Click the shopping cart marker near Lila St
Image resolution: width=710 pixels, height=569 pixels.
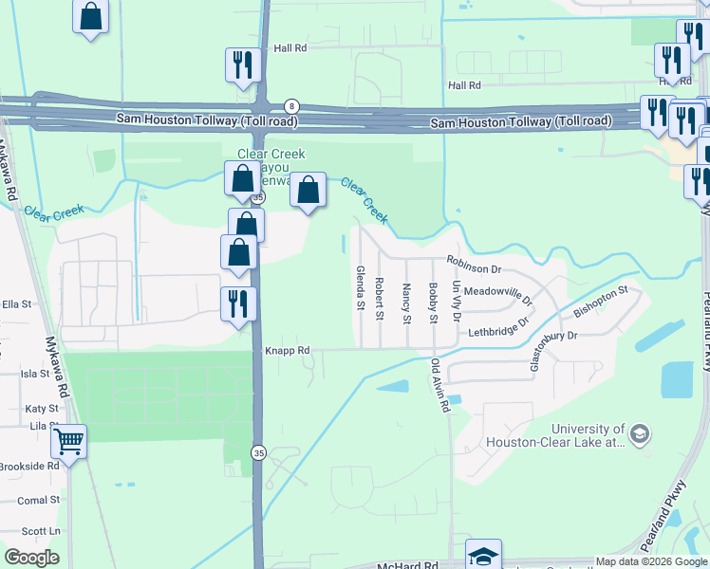coord(68,440)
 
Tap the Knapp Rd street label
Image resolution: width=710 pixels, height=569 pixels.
coord(288,350)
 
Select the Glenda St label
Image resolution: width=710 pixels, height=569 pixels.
coord(360,288)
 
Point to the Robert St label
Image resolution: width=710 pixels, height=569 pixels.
coord(379,298)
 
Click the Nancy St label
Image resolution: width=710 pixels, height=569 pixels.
coord(406,303)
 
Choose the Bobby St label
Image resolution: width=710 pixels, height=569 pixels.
coord(433,303)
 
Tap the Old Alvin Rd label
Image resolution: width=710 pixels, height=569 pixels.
coord(439,385)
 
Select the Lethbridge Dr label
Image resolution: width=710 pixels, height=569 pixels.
coord(498,332)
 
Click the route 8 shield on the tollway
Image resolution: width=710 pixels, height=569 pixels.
coord(292,105)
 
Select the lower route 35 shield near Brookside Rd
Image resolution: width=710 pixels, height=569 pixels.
coord(257,453)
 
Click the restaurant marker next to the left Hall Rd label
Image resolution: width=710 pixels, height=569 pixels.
coord(242,64)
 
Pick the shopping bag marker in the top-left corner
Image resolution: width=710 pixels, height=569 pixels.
coord(90,15)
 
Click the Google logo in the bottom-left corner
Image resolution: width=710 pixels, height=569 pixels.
coord(32,558)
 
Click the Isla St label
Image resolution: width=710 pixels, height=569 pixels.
coord(35,374)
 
